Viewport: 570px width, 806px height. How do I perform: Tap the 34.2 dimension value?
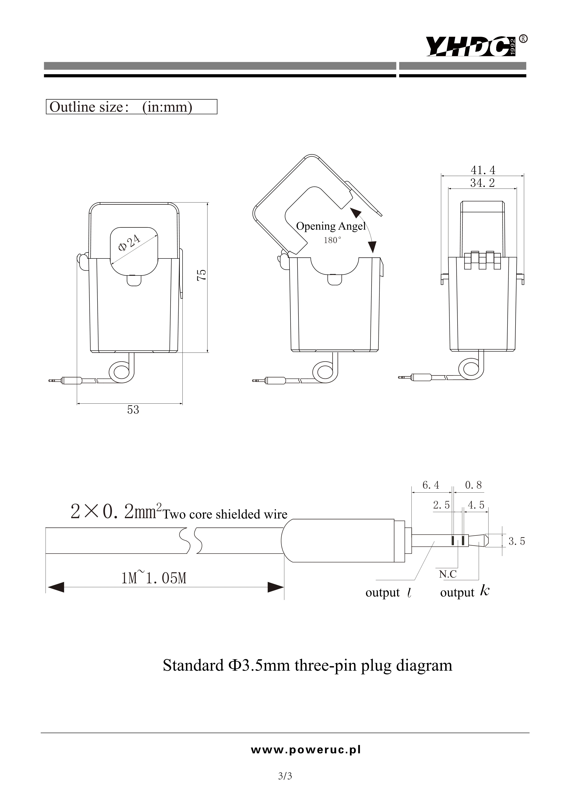click(482, 183)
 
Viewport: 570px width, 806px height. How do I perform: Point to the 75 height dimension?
click(202, 275)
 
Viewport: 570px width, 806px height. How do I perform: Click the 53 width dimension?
click(133, 410)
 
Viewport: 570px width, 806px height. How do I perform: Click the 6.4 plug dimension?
click(431, 485)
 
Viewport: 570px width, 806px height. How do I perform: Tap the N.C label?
click(448, 574)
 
